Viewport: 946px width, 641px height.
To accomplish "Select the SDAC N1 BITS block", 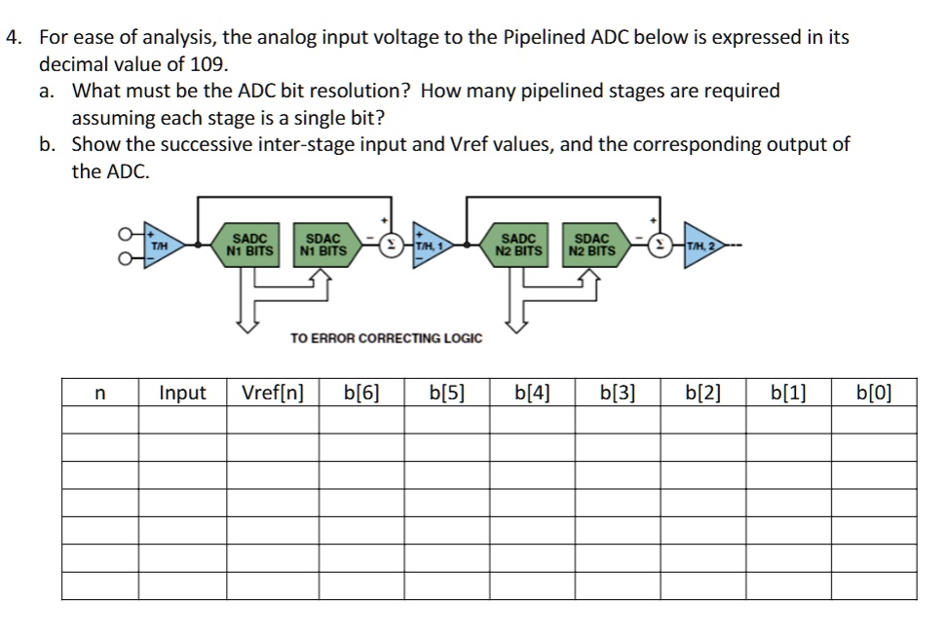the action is (327, 245).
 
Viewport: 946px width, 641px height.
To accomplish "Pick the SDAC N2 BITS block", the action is (596, 245).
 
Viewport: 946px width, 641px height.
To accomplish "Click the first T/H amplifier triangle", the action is (161, 245).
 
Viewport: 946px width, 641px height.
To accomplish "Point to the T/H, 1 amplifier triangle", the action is (431, 245).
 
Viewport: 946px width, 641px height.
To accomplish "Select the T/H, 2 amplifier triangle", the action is (700, 245).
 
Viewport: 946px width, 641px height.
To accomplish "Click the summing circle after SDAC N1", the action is (391, 245).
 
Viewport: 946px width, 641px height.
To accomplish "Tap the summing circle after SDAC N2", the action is (660, 245).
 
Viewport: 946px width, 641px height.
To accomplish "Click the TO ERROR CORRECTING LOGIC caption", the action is (386, 338).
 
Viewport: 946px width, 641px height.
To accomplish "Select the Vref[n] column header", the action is (273, 394).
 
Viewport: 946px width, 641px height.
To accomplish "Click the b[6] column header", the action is (361, 394).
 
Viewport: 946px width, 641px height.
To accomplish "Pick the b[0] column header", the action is (874, 394).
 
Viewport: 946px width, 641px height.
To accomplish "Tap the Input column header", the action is (182, 394).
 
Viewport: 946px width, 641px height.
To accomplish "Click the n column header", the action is (100, 394).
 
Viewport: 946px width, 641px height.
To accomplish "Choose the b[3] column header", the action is (618, 394).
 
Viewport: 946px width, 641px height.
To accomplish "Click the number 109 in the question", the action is (208, 64).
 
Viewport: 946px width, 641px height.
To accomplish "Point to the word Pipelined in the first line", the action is (544, 37).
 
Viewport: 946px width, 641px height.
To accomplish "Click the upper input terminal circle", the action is (125, 233).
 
